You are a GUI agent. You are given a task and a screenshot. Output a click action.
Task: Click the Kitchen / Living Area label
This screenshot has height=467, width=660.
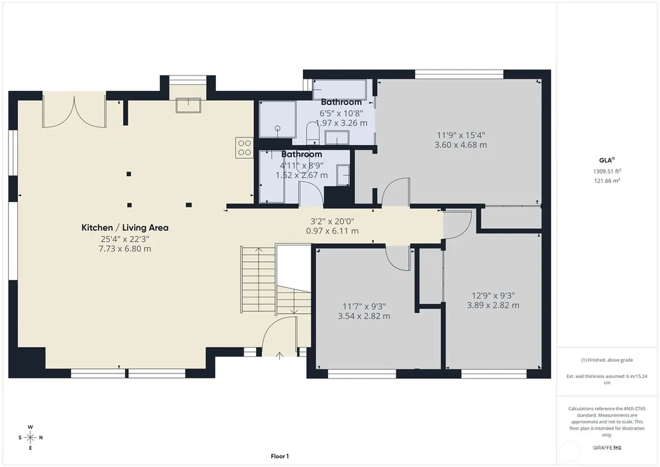point(124,228)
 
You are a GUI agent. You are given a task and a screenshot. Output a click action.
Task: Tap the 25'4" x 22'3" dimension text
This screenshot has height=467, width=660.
point(124,239)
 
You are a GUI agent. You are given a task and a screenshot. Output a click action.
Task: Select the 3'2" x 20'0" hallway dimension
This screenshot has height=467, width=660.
point(332,221)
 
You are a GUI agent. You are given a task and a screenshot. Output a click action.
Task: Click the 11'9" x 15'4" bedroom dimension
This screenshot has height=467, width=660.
point(460,135)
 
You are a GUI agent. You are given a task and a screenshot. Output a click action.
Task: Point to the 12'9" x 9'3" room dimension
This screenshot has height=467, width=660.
point(493,295)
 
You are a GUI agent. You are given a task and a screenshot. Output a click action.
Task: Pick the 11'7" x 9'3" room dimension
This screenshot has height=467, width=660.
point(364,306)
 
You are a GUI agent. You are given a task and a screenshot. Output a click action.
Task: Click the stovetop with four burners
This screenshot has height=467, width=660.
point(244,147)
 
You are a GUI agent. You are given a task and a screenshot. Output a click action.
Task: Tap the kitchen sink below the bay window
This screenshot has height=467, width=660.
point(188,105)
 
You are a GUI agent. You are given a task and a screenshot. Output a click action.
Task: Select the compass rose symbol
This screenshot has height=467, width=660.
point(30,437)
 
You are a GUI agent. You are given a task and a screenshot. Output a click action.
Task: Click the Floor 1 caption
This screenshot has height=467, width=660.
point(280,456)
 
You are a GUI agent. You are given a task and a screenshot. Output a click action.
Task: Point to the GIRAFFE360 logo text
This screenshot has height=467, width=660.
point(607,448)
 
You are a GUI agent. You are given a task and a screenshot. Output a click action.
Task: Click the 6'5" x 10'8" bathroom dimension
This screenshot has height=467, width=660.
point(341,113)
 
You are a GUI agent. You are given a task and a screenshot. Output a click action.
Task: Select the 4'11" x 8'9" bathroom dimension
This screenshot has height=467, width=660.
point(302,165)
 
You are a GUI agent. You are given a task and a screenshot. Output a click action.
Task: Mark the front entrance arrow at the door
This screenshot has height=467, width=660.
point(280,356)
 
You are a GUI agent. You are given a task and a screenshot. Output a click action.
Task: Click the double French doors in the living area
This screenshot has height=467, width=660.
point(74,112)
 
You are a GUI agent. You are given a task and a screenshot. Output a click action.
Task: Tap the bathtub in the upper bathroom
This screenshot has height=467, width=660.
point(339,89)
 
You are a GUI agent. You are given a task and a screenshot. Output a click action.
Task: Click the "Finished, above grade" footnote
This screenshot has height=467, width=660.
point(607,360)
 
